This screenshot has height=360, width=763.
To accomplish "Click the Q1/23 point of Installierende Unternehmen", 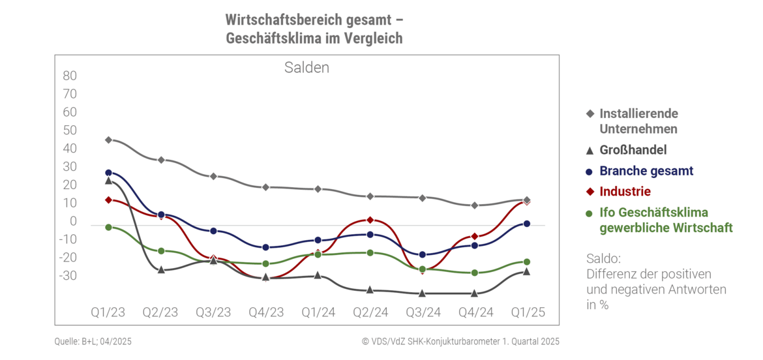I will (x=108, y=140).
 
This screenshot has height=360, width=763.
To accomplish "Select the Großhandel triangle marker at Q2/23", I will (x=161, y=269).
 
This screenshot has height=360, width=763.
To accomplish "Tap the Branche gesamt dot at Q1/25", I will (x=527, y=224).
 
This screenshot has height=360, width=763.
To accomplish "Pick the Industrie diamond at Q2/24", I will (x=370, y=220).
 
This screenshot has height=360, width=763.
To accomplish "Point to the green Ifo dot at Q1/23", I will (x=108, y=227).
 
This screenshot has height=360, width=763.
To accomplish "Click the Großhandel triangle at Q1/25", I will (x=527, y=271).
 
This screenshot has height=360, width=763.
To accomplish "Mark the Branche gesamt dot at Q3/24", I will (x=423, y=254).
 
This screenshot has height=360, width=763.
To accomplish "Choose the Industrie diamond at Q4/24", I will (x=475, y=236).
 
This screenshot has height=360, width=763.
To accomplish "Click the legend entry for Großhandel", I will (x=633, y=150).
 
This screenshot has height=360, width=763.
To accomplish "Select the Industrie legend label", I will (x=625, y=192).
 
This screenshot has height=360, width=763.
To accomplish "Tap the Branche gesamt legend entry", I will (x=646, y=171).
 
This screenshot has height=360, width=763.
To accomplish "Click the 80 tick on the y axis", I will (x=70, y=76).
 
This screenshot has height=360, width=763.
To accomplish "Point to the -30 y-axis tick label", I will (x=67, y=276).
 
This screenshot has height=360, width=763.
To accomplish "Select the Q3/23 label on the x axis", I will (x=213, y=312).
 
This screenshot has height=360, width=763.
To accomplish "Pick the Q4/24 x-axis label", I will (x=475, y=312).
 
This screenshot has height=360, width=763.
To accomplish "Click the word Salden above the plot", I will (x=307, y=68).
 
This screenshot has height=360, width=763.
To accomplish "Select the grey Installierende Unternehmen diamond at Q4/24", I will (x=475, y=205).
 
